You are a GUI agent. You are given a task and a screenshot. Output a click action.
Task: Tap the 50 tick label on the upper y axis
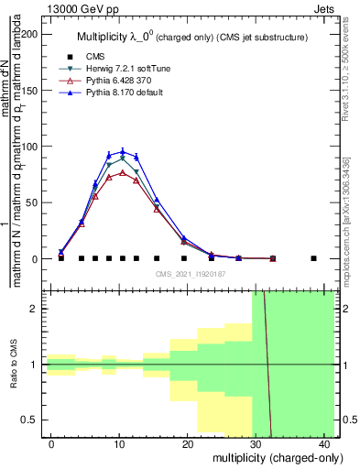pos(34,202)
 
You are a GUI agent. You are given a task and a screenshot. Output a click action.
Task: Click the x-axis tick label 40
pos(326,444)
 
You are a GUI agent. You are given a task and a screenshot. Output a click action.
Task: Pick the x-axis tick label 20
pos(188,444)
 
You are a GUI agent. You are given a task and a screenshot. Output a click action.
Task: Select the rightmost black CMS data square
pos(313,258)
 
